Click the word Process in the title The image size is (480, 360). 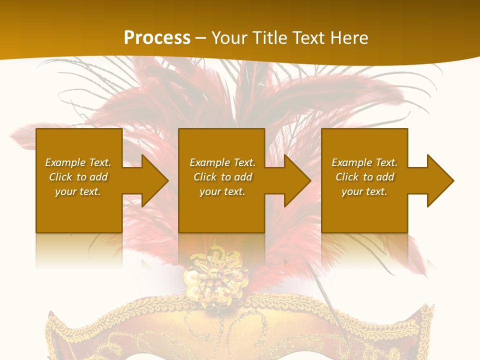(157, 37)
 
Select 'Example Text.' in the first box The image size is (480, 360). (78, 162)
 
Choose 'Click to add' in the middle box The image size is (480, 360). (222, 177)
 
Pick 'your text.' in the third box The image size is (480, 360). (364, 191)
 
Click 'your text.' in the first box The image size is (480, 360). (78, 191)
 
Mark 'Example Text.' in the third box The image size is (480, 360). (364, 162)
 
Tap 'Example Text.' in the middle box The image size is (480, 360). (222, 162)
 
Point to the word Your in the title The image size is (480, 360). (228, 37)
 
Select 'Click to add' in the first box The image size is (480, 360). (78, 177)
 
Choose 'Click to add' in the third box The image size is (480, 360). (364, 177)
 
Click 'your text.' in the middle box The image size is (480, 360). (222, 191)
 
